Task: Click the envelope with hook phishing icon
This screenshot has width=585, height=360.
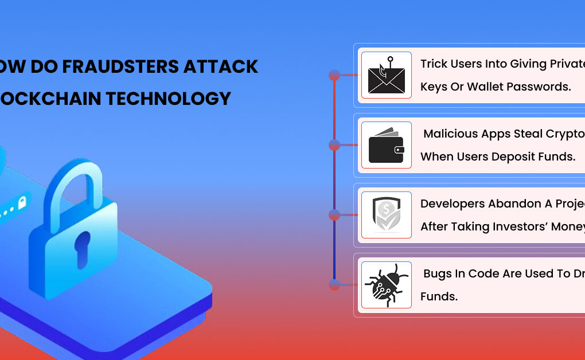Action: [x=386, y=76]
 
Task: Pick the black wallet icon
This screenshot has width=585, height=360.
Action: [x=386, y=146]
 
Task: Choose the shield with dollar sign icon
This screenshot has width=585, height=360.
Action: [x=386, y=215]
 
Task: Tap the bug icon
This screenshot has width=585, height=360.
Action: [x=386, y=285]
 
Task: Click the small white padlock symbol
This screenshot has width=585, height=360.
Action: [x=22, y=202]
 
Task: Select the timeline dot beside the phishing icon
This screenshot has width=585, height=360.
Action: [x=334, y=75]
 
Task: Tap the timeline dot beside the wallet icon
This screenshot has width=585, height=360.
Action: [x=334, y=146]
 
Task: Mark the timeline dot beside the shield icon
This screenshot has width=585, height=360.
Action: [x=334, y=215]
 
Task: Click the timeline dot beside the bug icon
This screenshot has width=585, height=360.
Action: [x=334, y=284]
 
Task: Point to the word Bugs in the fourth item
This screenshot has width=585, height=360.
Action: [x=438, y=273]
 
